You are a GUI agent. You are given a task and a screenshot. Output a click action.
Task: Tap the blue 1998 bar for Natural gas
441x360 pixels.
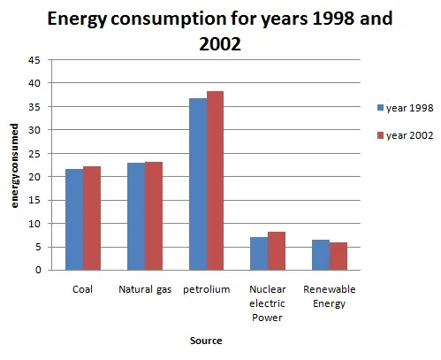coord(135,217)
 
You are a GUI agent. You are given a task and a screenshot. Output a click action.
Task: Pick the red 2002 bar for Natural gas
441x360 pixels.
coord(153,216)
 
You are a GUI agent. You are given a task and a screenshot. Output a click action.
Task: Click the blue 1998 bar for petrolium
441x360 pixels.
coord(197,184)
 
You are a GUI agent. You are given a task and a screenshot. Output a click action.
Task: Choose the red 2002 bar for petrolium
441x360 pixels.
coord(215,180)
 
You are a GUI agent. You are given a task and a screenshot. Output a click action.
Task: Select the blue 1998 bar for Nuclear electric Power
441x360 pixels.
coord(258,254)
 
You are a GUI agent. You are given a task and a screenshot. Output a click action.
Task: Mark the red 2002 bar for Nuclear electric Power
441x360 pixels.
coord(276,251)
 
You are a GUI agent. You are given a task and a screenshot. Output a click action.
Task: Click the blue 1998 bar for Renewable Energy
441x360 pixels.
coord(320,255)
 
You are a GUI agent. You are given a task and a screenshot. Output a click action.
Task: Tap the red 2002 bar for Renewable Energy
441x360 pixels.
coord(338,257)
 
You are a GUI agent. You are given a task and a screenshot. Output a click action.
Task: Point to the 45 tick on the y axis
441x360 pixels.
coord(34,59)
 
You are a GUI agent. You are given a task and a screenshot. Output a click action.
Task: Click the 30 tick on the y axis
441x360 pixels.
coord(34,130)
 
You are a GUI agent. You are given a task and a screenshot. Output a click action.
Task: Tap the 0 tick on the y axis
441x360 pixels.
coord(36,271)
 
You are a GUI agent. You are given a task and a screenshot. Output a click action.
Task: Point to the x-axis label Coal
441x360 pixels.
coord(82,289)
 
